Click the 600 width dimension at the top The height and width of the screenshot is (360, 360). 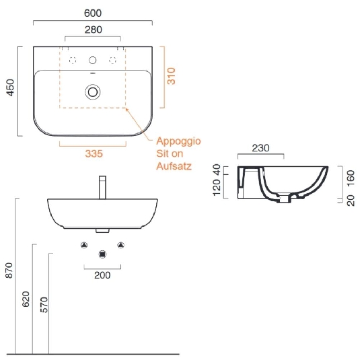(x=94, y=12)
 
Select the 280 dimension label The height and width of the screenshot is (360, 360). (x=94, y=30)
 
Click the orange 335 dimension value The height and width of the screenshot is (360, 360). (x=94, y=154)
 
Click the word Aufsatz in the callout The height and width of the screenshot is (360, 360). (x=174, y=166)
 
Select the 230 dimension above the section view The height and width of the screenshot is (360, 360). (x=261, y=149)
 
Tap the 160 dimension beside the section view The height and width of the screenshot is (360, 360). (x=350, y=178)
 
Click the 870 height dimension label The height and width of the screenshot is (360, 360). (x=8, y=270)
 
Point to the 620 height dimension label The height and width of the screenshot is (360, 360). (x=26, y=299)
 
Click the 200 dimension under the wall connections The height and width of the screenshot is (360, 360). (x=102, y=275)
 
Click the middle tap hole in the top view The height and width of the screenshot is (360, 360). (x=93, y=60)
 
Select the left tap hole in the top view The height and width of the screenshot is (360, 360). (x=73, y=60)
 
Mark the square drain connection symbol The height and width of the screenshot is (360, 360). (x=102, y=254)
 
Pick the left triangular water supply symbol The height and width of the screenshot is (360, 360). (x=83, y=244)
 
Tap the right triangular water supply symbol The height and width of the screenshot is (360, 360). (x=121, y=244)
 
